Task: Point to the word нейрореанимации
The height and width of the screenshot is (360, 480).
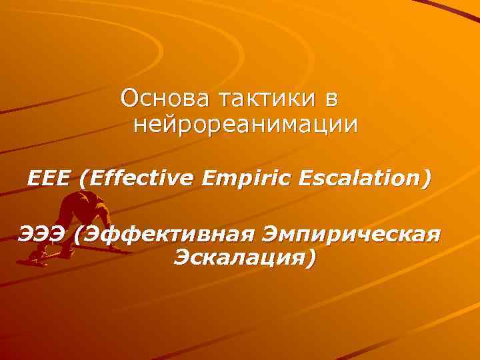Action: (x=245, y=125)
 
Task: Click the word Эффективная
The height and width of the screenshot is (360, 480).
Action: (x=164, y=235)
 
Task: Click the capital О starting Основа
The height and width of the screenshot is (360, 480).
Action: (x=129, y=99)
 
